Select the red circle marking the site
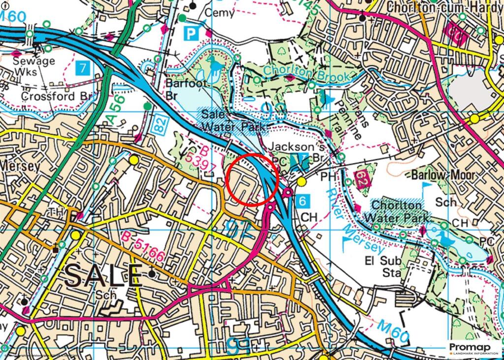252,179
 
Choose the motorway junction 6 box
304,200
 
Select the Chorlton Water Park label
397,210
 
